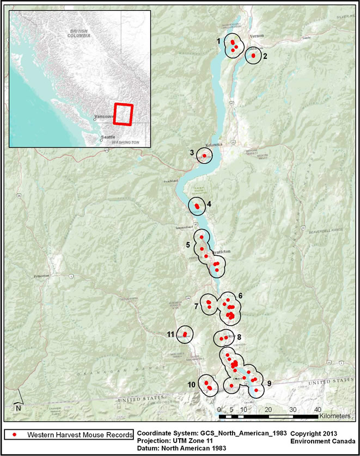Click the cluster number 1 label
click(x=218, y=41)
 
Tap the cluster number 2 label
click(x=265, y=56)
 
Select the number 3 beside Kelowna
click(x=192, y=152)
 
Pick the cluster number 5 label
click(x=188, y=245)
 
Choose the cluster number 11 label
click(x=170, y=334)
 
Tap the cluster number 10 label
click(x=191, y=385)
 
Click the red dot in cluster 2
click(x=253, y=56)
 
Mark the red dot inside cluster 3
click(x=204, y=156)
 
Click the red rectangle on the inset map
click(x=123, y=114)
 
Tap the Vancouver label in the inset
click(x=103, y=117)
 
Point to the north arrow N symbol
click(x=18, y=406)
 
